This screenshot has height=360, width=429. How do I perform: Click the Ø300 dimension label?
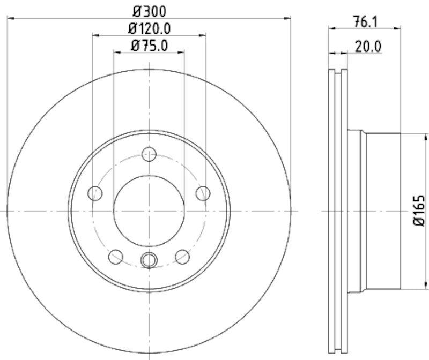tap(149, 10)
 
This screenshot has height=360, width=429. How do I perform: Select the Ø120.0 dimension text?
tap(149, 28)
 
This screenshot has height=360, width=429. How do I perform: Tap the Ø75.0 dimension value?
tap(149, 46)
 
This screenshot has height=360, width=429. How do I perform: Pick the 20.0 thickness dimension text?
tap(368, 47)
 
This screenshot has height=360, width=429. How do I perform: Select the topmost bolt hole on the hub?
tap(149, 155)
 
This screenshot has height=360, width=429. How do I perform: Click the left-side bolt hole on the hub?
tap(95, 193)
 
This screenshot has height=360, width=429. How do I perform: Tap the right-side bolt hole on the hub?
tap(202, 193)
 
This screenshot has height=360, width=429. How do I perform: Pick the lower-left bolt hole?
tap(116, 257)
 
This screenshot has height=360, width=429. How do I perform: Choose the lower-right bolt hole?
tap(182, 257)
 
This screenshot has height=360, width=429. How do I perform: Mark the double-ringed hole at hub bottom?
tap(149, 260)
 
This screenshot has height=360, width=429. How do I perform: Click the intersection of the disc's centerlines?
tap(149, 211)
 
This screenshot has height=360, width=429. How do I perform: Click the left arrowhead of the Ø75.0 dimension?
tap(116, 52)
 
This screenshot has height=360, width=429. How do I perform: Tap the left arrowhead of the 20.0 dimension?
tap(331, 53)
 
